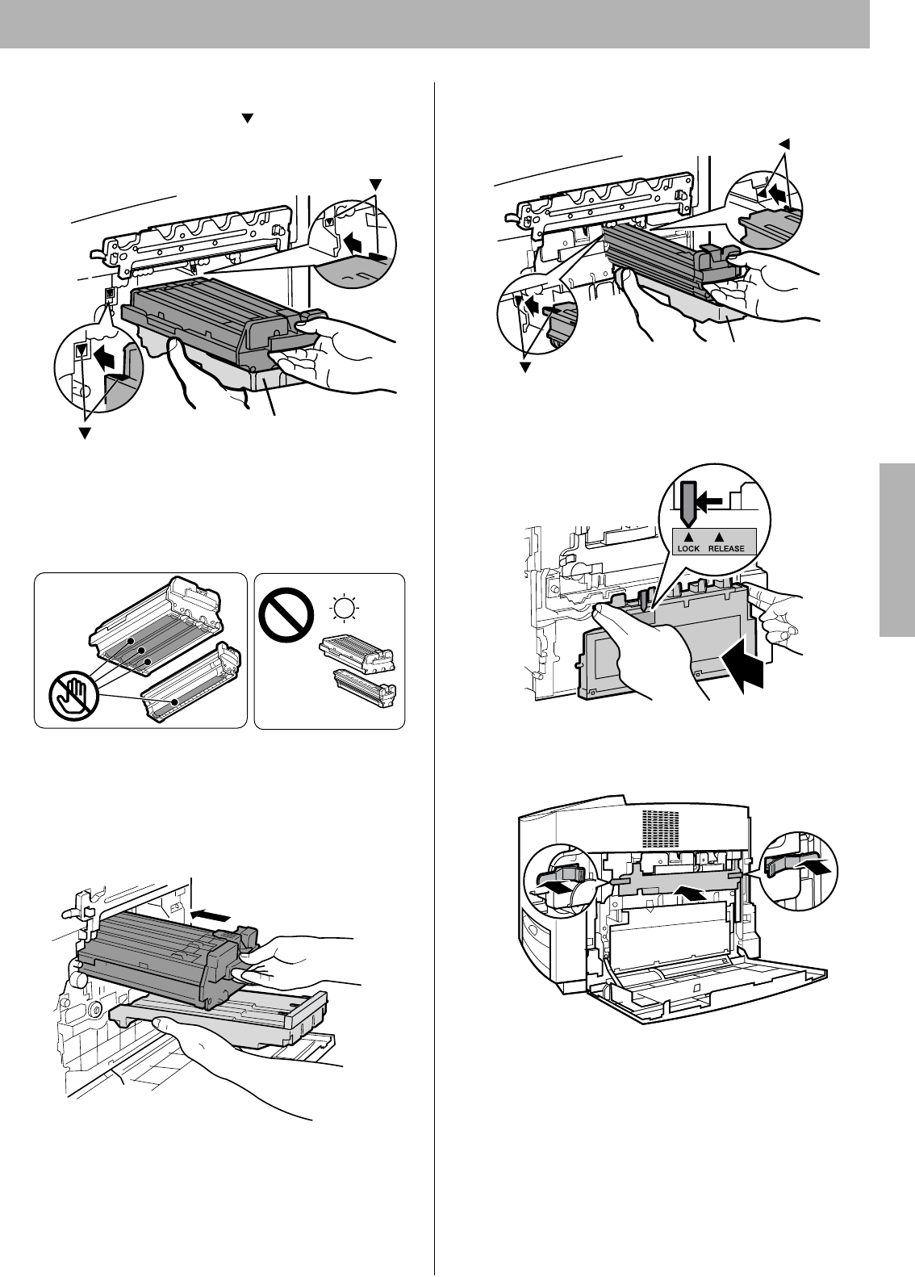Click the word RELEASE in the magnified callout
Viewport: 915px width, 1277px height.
(727, 548)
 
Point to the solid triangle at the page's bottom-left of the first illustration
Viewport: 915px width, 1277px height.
(81, 434)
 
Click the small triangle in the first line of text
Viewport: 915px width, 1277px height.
(249, 118)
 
